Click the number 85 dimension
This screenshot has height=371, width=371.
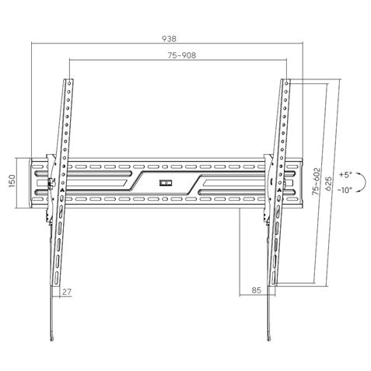257,292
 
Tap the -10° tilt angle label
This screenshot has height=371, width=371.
345,189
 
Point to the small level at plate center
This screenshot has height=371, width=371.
164,184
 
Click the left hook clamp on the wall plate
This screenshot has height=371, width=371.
51,184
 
